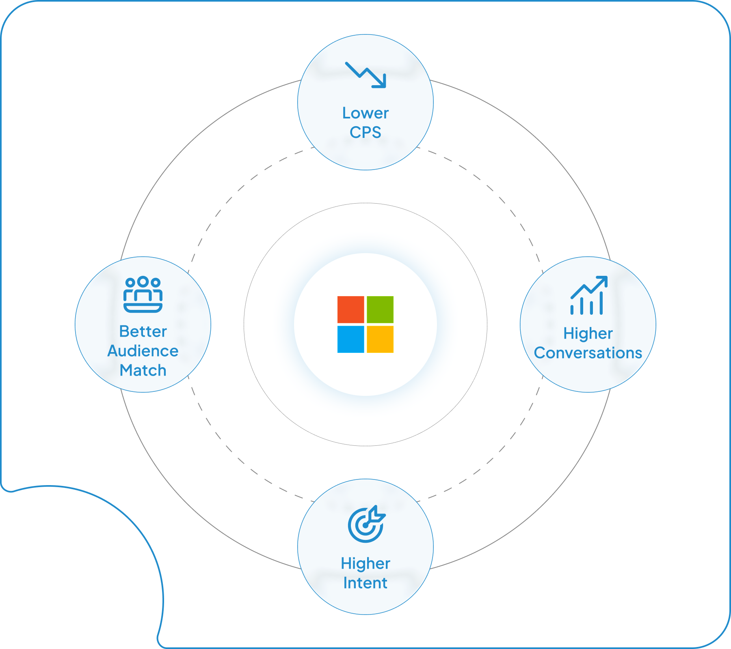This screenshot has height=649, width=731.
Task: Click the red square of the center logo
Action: pyautogui.click(x=350, y=309)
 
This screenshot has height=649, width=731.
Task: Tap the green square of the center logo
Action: pyautogui.click(x=380, y=309)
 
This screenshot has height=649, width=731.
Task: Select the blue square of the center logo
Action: pyautogui.click(x=350, y=339)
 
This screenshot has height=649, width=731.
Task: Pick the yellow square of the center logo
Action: pyautogui.click(x=380, y=339)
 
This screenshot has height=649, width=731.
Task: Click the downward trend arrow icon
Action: pyautogui.click(x=365, y=75)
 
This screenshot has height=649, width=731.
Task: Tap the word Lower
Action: pyautogui.click(x=365, y=113)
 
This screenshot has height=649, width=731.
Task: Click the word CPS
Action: pyautogui.click(x=365, y=133)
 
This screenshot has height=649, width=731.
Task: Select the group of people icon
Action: pyautogui.click(x=143, y=294)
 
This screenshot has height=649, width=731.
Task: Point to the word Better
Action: pyautogui.click(x=143, y=331)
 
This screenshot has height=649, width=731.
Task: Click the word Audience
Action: pyautogui.click(x=143, y=351)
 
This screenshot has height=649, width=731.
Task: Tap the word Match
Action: pyautogui.click(x=143, y=370)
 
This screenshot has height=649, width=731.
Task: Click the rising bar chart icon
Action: pyautogui.click(x=589, y=295)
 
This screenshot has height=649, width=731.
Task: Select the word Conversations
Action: pyautogui.click(x=588, y=353)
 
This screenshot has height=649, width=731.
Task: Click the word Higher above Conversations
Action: pyautogui.click(x=588, y=333)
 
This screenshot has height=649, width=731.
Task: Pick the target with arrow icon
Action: pyautogui.click(x=367, y=524)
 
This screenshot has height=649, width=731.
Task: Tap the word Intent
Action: pyautogui.click(x=365, y=583)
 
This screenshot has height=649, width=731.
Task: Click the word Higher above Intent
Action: pyautogui.click(x=365, y=563)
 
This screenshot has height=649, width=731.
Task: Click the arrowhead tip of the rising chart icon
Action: pyautogui.click(x=607, y=277)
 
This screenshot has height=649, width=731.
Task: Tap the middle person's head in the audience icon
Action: pyautogui.click(x=143, y=281)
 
